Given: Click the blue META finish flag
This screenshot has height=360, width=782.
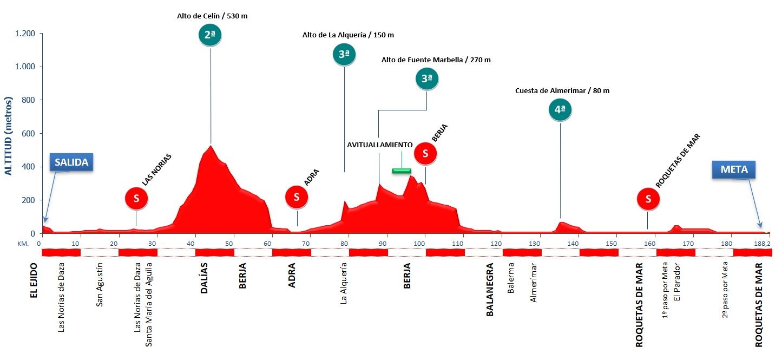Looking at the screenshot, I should point(733,169).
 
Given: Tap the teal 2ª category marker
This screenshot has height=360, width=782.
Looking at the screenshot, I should point(210,35).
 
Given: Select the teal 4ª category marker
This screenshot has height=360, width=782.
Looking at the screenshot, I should point(560,110).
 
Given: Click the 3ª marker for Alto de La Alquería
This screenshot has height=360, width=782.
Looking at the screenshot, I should point(344,54).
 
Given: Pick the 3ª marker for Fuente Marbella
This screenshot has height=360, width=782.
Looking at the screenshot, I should point(426,78).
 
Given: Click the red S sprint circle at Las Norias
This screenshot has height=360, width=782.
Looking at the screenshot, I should point(136,199).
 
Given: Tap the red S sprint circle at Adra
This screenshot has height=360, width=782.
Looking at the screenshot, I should point(297,198).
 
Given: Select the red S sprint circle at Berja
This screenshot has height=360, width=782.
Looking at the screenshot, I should point(425,154).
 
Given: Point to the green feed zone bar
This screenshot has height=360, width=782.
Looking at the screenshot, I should point(402,171).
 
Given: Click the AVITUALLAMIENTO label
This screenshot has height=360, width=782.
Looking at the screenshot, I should point(380,145).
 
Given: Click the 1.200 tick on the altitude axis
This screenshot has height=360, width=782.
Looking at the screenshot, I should point(24,34).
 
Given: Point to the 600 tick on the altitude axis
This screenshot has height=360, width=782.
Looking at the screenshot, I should point(28,134).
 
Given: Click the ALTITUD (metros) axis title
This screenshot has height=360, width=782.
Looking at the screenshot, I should point(8,136).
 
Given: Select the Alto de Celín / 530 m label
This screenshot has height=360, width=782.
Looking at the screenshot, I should point(212,16).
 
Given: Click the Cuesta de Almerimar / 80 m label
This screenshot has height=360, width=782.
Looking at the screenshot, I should point(562,90).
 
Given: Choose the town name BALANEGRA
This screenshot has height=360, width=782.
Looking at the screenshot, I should point(490,290).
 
